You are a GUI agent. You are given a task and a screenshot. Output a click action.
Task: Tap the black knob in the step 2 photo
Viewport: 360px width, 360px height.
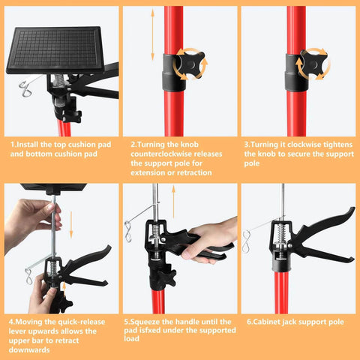tap(190, 65)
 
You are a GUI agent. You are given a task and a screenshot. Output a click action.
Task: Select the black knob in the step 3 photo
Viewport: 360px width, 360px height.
tap(309, 64)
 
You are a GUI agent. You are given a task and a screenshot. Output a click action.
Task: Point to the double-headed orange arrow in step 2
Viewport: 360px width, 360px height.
tap(150, 45)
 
